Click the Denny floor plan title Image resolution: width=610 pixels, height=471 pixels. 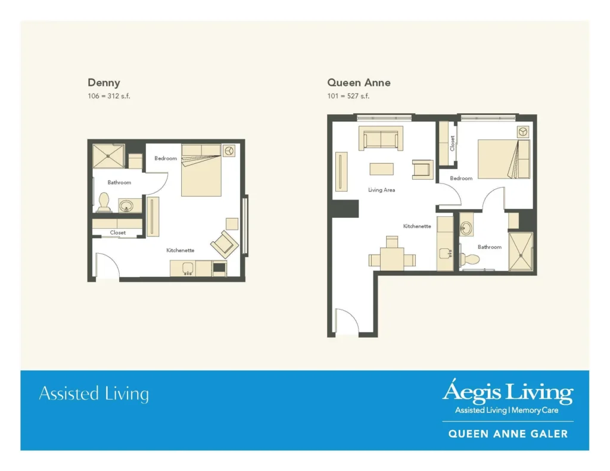[104, 83]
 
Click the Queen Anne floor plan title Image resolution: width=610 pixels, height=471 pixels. [359, 83]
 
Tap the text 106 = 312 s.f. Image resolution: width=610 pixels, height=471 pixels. [108, 96]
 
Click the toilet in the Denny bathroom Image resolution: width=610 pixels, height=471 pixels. [104, 202]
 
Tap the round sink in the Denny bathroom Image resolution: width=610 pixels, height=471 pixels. [127, 206]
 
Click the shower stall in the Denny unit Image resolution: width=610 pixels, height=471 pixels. [109, 155]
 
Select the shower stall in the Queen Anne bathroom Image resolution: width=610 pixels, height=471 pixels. [520, 252]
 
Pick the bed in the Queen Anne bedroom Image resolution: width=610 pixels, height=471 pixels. [503, 159]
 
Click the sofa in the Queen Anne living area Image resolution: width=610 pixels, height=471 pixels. [381, 138]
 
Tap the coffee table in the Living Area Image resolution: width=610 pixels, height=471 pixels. [381, 169]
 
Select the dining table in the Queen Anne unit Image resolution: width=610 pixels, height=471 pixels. [392, 258]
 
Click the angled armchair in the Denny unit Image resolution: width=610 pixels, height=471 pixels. [224, 244]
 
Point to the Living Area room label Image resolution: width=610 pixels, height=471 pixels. [381, 190]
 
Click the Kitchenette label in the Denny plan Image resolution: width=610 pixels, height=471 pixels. [180, 251]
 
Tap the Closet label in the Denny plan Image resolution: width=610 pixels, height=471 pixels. [117, 233]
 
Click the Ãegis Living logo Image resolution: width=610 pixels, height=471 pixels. [507, 393]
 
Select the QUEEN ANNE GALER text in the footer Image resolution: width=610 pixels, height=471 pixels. [508, 434]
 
